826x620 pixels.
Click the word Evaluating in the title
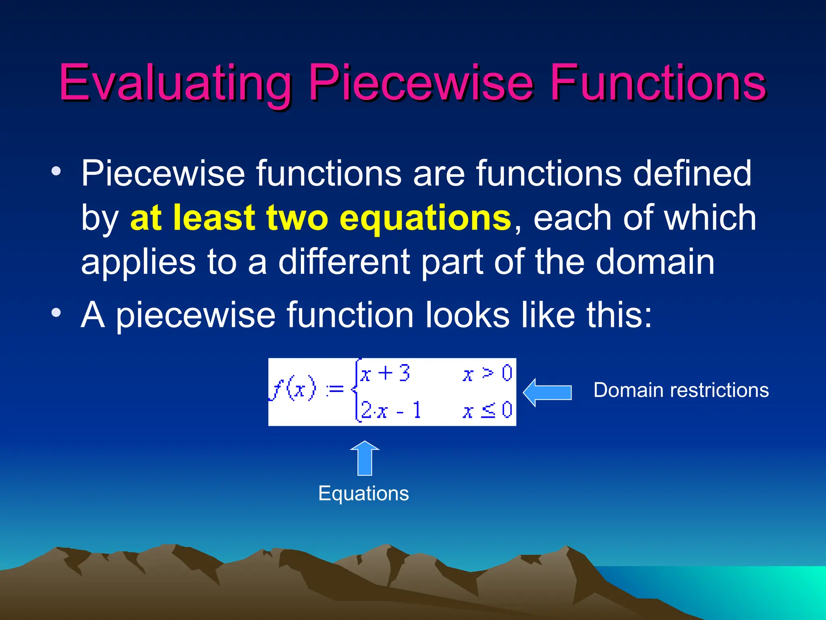click(x=175, y=83)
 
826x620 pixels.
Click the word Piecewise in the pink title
click(x=421, y=83)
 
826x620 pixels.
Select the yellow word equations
click(x=426, y=218)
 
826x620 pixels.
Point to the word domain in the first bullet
click(x=655, y=262)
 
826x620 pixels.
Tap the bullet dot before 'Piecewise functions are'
click(x=56, y=172)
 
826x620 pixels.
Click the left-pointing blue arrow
click(x=547, y=392)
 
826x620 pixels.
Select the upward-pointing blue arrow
click(x=365, y=458)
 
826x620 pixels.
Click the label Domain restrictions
click(x=681, y=390)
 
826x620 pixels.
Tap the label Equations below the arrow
click(x=363, y=493)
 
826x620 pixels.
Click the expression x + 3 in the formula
click(x=385, y=373)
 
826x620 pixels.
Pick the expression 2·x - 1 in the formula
click(x=390, y=411)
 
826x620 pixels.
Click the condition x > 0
click(x=487, y=373)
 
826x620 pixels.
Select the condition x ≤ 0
click(x=487, y=411)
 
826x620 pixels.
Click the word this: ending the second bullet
click(x=619, y=315)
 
